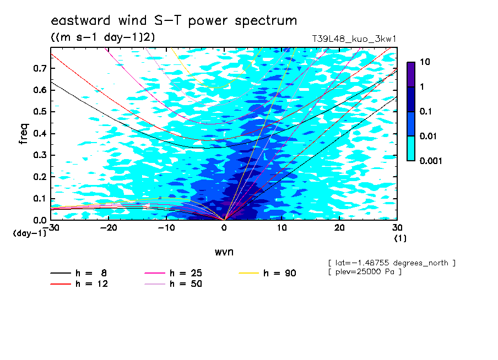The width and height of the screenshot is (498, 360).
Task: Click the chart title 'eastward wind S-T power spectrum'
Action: pos(174,21)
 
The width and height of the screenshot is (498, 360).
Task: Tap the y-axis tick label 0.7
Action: pos(40,68)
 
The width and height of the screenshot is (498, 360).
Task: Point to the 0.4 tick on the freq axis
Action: pos(40,133)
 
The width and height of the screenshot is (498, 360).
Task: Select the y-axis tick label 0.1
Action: pos(40,199)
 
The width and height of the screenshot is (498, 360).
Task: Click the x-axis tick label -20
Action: pos(109,228)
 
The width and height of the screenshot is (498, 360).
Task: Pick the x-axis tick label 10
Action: pos(282,228)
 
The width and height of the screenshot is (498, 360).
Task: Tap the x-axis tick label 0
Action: pos(224,228)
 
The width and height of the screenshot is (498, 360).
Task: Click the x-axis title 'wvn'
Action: pos(224,252)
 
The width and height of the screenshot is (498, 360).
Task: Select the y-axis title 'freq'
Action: pos(24,134)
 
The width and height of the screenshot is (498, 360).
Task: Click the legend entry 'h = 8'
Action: pos(78,273)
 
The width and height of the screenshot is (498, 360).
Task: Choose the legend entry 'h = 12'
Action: pos(79,284)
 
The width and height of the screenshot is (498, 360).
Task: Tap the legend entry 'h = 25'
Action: pos(173,273)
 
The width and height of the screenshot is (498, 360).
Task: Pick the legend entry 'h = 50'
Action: pos(173,284)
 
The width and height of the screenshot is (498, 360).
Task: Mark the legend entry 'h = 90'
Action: pos(267,273)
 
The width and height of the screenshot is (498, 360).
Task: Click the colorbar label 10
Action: pos(425,62)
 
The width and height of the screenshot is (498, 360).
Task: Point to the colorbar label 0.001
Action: pos(431,161)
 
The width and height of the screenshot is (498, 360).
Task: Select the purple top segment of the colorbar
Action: pos(411,74)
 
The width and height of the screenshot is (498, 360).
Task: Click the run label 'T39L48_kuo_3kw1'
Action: pos(354,39)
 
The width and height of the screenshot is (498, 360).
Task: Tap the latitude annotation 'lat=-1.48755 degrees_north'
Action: pos(392,263)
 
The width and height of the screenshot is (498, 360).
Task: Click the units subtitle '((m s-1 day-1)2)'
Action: pos(103,37)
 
